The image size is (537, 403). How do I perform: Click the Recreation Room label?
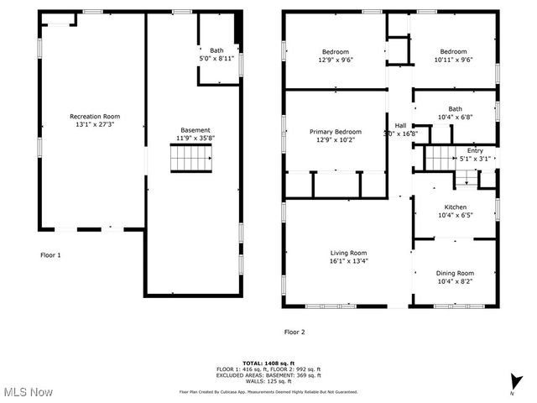point(94,117)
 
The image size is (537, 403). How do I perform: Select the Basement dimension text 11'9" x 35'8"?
point(196,139)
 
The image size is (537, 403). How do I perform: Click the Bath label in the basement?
point(217,51)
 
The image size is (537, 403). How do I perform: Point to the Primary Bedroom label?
point(336,132)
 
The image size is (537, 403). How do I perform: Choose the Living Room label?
point(348,253)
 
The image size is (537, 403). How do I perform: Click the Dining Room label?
point(455,273)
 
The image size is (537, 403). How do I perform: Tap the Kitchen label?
point(456,207)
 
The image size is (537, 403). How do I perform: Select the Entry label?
point(475,150)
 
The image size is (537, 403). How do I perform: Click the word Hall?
point(400,125)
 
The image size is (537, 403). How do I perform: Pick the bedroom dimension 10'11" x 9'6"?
point(455,60)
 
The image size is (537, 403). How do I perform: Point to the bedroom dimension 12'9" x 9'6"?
point(336,60)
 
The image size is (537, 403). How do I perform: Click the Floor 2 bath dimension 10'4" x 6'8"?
point(455,117)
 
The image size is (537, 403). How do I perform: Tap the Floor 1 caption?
point(51,254)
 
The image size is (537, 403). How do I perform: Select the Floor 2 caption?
point(295,332)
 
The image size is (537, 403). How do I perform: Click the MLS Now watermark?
point(27,392)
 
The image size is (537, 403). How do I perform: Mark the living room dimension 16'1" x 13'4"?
point(348,261)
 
